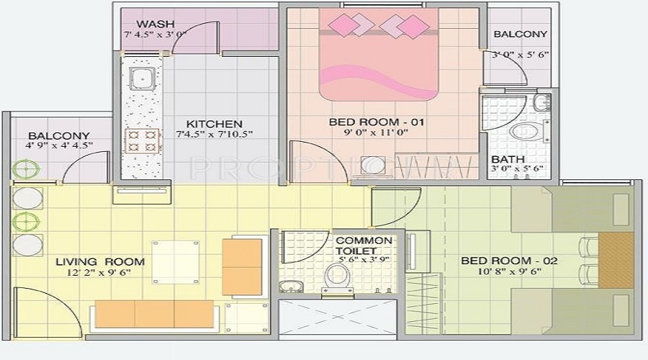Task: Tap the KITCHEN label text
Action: tap(214, 124)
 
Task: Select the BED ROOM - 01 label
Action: tap(377, 122)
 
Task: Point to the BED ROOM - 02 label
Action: tap(509, 261)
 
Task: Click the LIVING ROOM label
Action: tap(100, 261)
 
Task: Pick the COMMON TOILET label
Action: tap(364, 246)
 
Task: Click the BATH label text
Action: tap(507, 159)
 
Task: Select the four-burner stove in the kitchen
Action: tap(142, 140)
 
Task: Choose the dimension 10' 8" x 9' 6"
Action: tap(510, 271)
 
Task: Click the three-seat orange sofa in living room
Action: tap(154, 314)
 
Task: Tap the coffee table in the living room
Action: tap(175, 261)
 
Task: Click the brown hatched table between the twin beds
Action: tap(616, 260)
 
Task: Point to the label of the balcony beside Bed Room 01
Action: tap(520, 34)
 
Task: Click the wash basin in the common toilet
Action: tap(290, 287)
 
